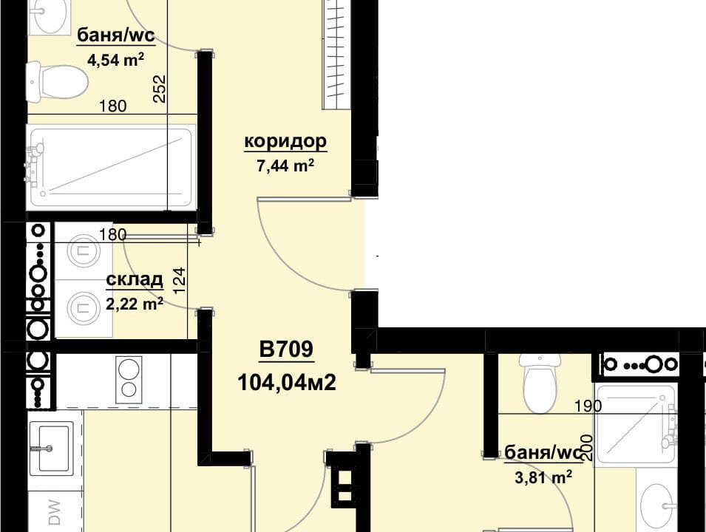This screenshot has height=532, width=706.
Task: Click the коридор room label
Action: coord(285,141)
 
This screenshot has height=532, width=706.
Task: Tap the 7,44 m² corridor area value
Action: coord(285,166)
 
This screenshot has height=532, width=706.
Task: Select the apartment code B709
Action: coord(286,349)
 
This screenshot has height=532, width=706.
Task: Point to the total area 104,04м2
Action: coord(286,383)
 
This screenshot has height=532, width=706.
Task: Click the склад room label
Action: coord(134,279)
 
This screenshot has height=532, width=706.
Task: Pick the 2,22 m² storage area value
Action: coord(134,304)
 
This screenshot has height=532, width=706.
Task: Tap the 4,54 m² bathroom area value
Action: coord(116,60)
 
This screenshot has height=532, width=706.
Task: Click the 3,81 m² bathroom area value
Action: coord(543,477)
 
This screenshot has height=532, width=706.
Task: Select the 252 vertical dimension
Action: coord(160,89)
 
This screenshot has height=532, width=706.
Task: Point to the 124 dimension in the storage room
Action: coord(179,281)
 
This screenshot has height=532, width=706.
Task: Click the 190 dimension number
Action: coord(588,406)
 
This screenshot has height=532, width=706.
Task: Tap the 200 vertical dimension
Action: coord(587,447)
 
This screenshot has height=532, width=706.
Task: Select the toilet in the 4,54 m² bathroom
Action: coord(56,82)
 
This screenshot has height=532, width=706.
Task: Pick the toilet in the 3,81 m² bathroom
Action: coord(540,383)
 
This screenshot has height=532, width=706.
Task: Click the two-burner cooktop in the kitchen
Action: coord(129,380)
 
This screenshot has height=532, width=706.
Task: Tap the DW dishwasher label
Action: coord(55,512)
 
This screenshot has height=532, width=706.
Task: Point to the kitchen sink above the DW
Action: coord(51,449)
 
